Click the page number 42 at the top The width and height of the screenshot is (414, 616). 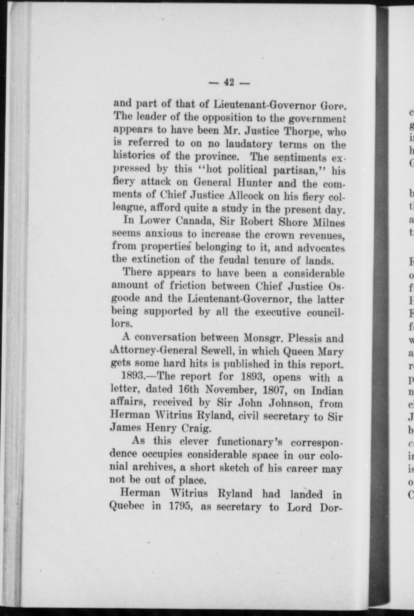tap(229, 82)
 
